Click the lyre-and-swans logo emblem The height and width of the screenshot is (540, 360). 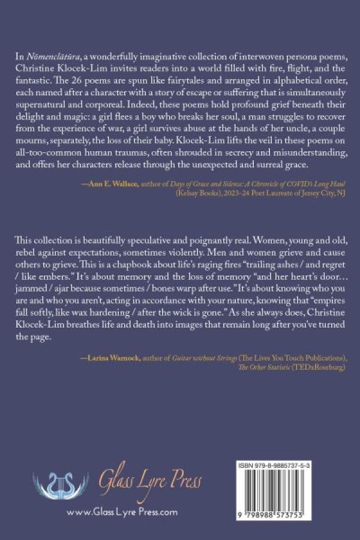click(x=61, y=484)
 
